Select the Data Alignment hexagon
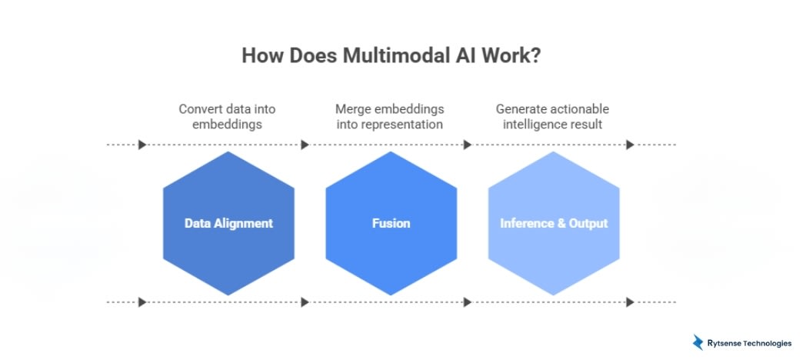tap(228, 223)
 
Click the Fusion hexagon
tap(391, 223)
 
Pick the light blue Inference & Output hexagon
tap(554, 223)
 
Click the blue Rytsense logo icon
tap(698, 342)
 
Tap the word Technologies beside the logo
tap(764, 343)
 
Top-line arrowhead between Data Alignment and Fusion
tap(305, 145)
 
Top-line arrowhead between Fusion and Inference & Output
tap(467, 145)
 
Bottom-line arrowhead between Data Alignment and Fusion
tap(305, 302)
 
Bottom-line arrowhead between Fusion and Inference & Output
tap(467, 302)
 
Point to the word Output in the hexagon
tap(588, 223)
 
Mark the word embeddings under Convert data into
tap(227, 123)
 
